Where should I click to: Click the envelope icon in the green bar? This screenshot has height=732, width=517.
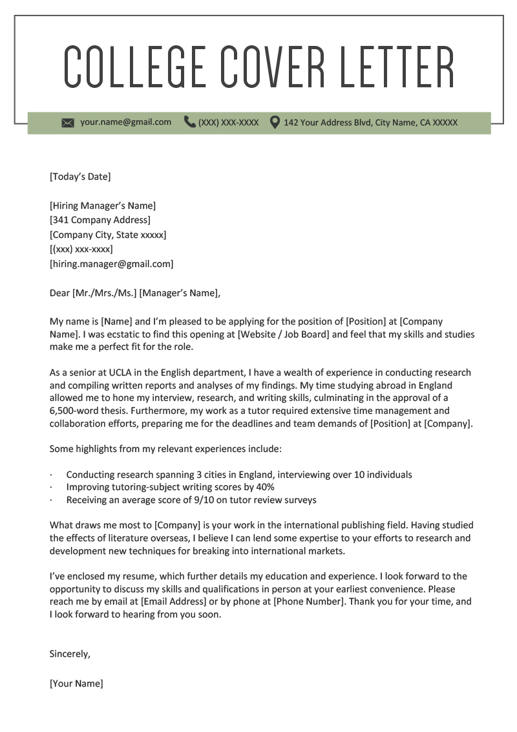[x=68, y=123]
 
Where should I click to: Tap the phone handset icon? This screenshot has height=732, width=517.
[x=189, y=122]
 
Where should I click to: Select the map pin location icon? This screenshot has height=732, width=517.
[x=275, y=122]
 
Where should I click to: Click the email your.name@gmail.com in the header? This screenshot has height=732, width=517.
[x=125, y=122]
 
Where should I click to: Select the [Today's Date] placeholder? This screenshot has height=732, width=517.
[x=80, y=177]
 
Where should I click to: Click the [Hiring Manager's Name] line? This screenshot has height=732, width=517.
[x=103, y=206]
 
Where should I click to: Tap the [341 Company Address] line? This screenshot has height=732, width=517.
[x=100, y=221]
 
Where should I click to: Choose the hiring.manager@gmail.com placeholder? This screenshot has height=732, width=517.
[x=111, y=264]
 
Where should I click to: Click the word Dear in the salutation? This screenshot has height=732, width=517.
[x=59, y=293]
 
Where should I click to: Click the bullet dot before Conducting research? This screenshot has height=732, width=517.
[x=51, y=475]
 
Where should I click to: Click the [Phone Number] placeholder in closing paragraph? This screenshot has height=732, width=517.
[x=310, y=601]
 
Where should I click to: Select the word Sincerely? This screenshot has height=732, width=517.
[x=70, y=654]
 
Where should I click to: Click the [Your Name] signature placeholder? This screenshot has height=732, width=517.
[x=76, y=683]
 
